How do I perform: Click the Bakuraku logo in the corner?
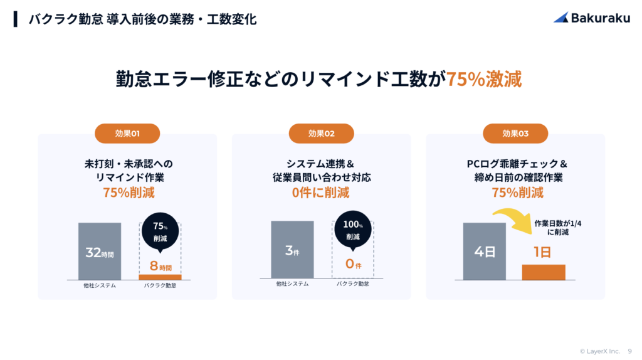coord(592,18)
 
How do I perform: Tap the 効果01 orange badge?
coord(127,134)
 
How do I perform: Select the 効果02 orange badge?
coord(322,134)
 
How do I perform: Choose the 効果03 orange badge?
coord(515,134)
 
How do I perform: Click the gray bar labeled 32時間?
coord(100,251)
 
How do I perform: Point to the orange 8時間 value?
coord(160,266)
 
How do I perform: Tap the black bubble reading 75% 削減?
coord(160,232)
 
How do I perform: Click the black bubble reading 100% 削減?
coord(353,230)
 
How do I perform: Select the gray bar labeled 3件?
coord(292,250)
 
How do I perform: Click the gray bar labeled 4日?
coord(485,251)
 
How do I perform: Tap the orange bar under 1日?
coord(544,272)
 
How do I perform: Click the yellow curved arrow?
coord(514,220)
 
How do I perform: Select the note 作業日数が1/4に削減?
coord(557,228)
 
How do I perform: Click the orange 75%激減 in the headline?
coord(484,79)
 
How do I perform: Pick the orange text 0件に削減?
coord(320,193)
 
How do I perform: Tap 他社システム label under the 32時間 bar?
coord(100,285)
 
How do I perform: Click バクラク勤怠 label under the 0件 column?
coord(353,283)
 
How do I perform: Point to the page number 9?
coord(629,351)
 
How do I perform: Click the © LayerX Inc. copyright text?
coord(600,351)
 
